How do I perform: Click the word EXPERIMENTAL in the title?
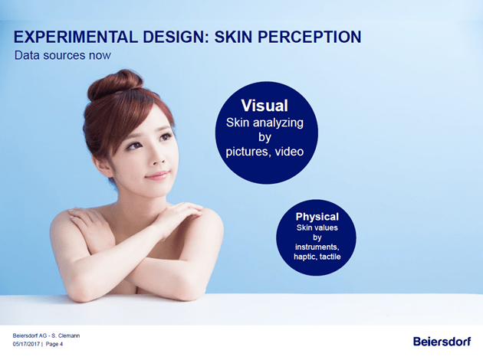(x=76, y=37)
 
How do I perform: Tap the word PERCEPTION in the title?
(x=309, y=37)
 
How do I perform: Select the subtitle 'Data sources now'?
(x=63, y=55)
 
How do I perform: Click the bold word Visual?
(x=264, y=106)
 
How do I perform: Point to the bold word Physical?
(x=317, y=217)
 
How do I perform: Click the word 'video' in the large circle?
(x=289, y=152)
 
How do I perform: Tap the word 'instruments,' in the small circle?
(x=317, y=247)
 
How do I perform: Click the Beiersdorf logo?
(x=442, y=341)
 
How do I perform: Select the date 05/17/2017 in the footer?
(x=26, y=344)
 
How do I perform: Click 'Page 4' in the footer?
(x=54, y=344)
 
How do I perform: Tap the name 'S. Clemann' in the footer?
(x=66, y=335)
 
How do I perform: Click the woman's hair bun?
(x=115, y=83)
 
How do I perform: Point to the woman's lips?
(x=157, y=175)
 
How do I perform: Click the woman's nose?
(x=158, y=157)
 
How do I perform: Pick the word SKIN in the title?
(x=233, y=37)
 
